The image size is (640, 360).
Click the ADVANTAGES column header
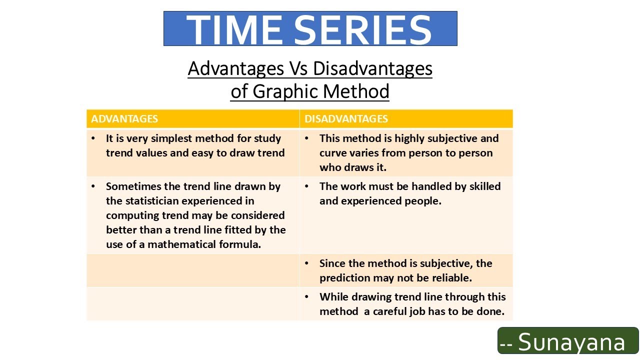[x=124, y=119]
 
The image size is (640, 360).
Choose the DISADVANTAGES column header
[x=346, y=119]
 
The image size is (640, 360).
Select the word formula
[x=243, y=244]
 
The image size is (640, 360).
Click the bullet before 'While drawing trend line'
[x=307, y=297]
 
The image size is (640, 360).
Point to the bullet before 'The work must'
[x=307, y=186]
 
